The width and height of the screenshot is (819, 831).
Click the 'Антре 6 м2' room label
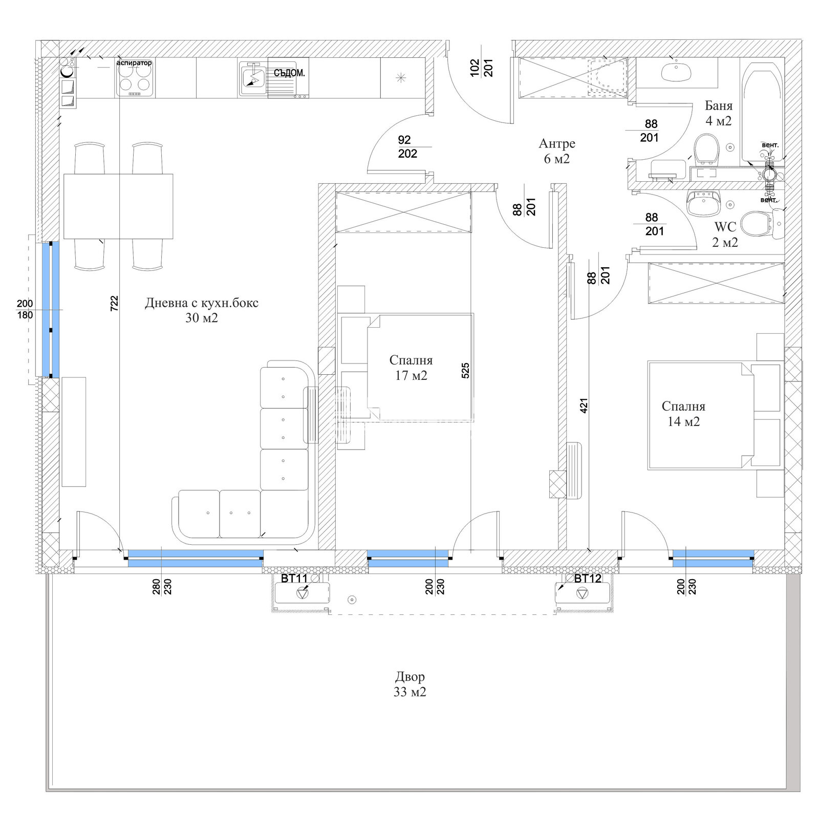[x=556, y=151]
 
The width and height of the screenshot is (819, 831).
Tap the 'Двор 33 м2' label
[x=410, y=684]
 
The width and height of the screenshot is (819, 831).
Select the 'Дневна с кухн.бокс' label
[x=202, y=303]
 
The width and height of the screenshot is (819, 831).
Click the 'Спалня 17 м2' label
[x=411, y=368]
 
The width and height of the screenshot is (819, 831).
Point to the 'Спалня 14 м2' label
[x=683, y=414]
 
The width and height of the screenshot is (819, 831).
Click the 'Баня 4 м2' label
[x=718, y=113]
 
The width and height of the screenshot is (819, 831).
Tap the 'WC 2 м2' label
[x=725, y=234]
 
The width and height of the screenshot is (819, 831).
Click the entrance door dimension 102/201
[x=481, y=68]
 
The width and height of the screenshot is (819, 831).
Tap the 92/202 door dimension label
[x=407, y=147]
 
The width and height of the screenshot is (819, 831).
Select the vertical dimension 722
[x=114, y=303]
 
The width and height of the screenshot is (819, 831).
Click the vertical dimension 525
[x=465, y=370]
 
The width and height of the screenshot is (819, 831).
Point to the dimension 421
[x=584, y=406]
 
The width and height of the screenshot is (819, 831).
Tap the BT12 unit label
[x=587, y=579]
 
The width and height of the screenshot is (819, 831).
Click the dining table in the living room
[x=118, y=206]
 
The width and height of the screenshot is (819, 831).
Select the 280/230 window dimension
[x=161, y=586]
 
